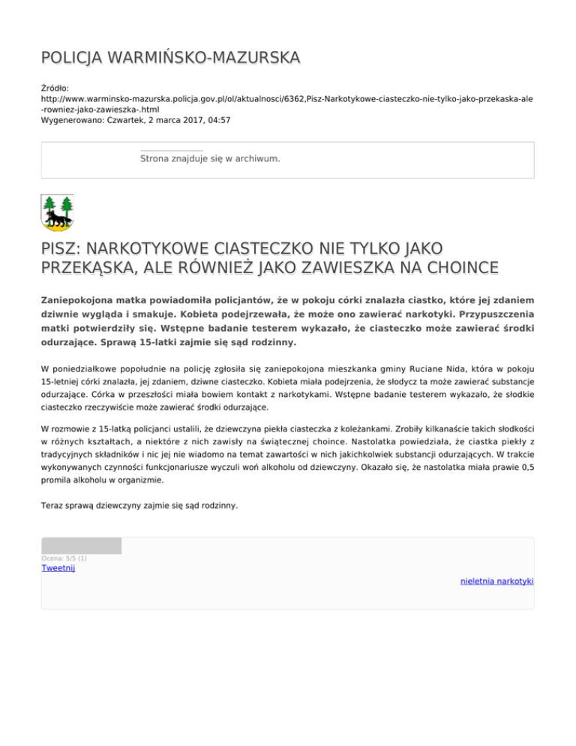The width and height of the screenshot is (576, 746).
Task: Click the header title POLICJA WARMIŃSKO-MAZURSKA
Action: click(x=169, y=58)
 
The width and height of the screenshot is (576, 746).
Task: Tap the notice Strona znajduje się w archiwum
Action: click(x=210, y=159)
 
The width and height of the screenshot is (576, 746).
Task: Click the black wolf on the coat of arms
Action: click(x=55, y=218)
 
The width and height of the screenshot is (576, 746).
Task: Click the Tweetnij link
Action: click(x=58, y=568)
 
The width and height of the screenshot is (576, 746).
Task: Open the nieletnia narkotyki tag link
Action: click(x=496, y=581)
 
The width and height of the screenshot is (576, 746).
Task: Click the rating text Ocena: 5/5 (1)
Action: click(x=64, y=558)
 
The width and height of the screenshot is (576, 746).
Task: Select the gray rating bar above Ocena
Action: click(x=81, y=546)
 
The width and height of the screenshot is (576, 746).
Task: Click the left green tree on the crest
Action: click(x=49, y=205)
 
